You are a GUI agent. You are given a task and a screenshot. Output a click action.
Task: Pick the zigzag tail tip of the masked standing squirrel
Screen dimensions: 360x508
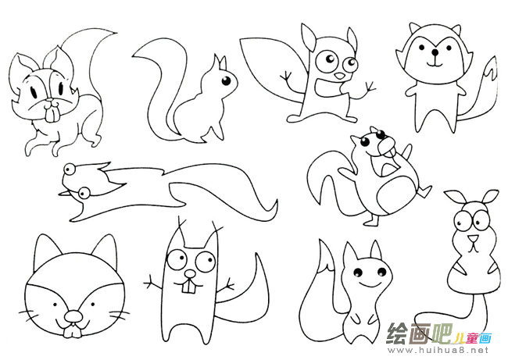click(x=492, y=70)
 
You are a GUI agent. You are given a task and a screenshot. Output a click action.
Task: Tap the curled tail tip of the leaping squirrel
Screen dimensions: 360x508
click(x=273, y=209)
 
